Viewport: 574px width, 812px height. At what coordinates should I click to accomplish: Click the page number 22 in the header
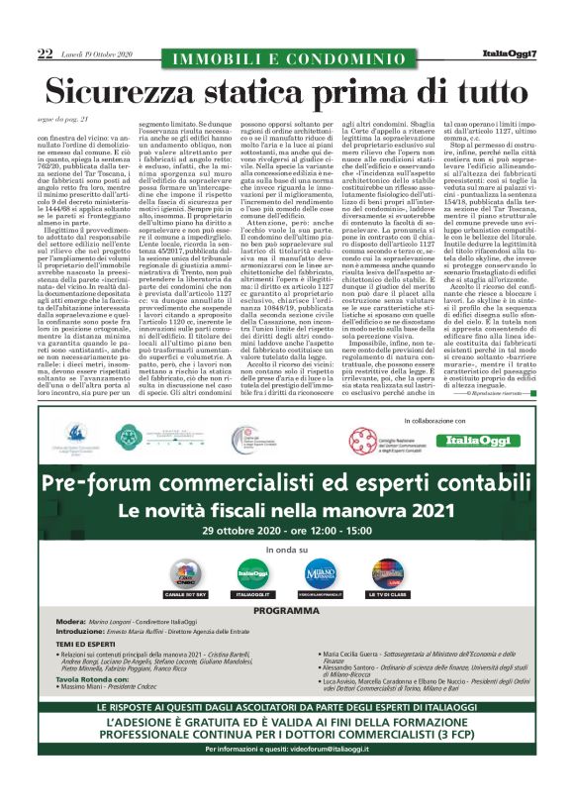pyautogui.click(x=45, y=52)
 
